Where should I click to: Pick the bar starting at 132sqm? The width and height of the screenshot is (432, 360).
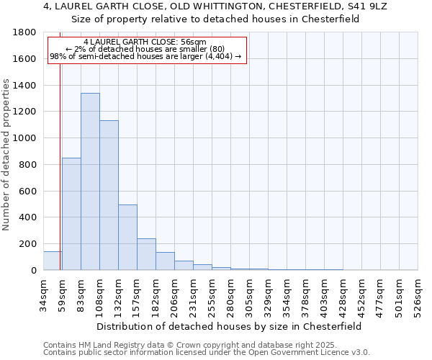[127, 237]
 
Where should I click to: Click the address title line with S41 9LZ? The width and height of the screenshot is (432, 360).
[216, 6]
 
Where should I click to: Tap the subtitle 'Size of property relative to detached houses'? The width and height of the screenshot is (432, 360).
[216, 19]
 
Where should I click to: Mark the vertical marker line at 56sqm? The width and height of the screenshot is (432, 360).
[60, 144]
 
